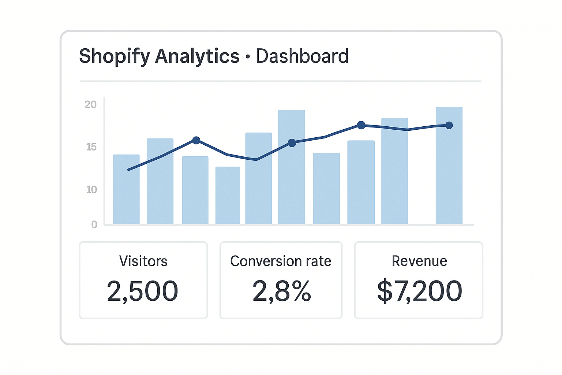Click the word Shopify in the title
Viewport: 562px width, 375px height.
tap(115, 57)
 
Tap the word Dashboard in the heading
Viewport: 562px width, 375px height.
tap(302, 56)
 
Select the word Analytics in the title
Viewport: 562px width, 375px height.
tap(197, 57)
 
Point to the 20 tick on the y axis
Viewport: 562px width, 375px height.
tap(90, 105)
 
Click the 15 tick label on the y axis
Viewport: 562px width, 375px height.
tap(91, 147)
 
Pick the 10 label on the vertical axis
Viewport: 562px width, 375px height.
tap(91, 190)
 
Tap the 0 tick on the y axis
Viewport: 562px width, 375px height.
tap(94, 224)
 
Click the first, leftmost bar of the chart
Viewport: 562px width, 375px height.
tap(126, 189)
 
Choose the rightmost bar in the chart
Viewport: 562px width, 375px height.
tap(449, 166)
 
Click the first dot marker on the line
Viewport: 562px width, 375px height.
tap(196, 140)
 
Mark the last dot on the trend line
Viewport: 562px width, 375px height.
tap(449, 125)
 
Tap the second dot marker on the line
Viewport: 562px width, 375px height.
tap(292, 143)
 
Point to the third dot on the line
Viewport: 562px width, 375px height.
tap(361, 125)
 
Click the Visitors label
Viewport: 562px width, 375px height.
tap(143, 261)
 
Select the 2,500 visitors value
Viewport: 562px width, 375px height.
tap(143, 292)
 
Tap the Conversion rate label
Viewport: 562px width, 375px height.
tap(281, 261)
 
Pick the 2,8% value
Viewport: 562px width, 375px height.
tap(281, 292)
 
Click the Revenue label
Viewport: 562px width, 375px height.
tap(419, 261)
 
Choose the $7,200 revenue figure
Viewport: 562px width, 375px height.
tap(419, 292)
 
